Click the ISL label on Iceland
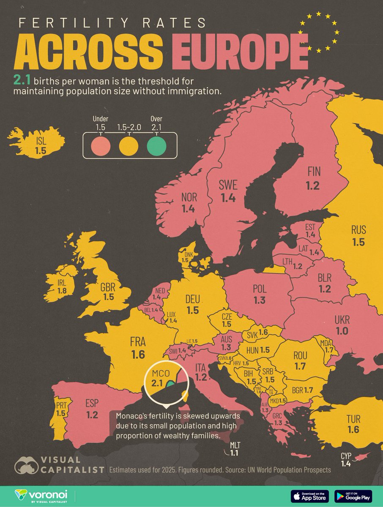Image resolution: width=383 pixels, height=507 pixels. (40, 140)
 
